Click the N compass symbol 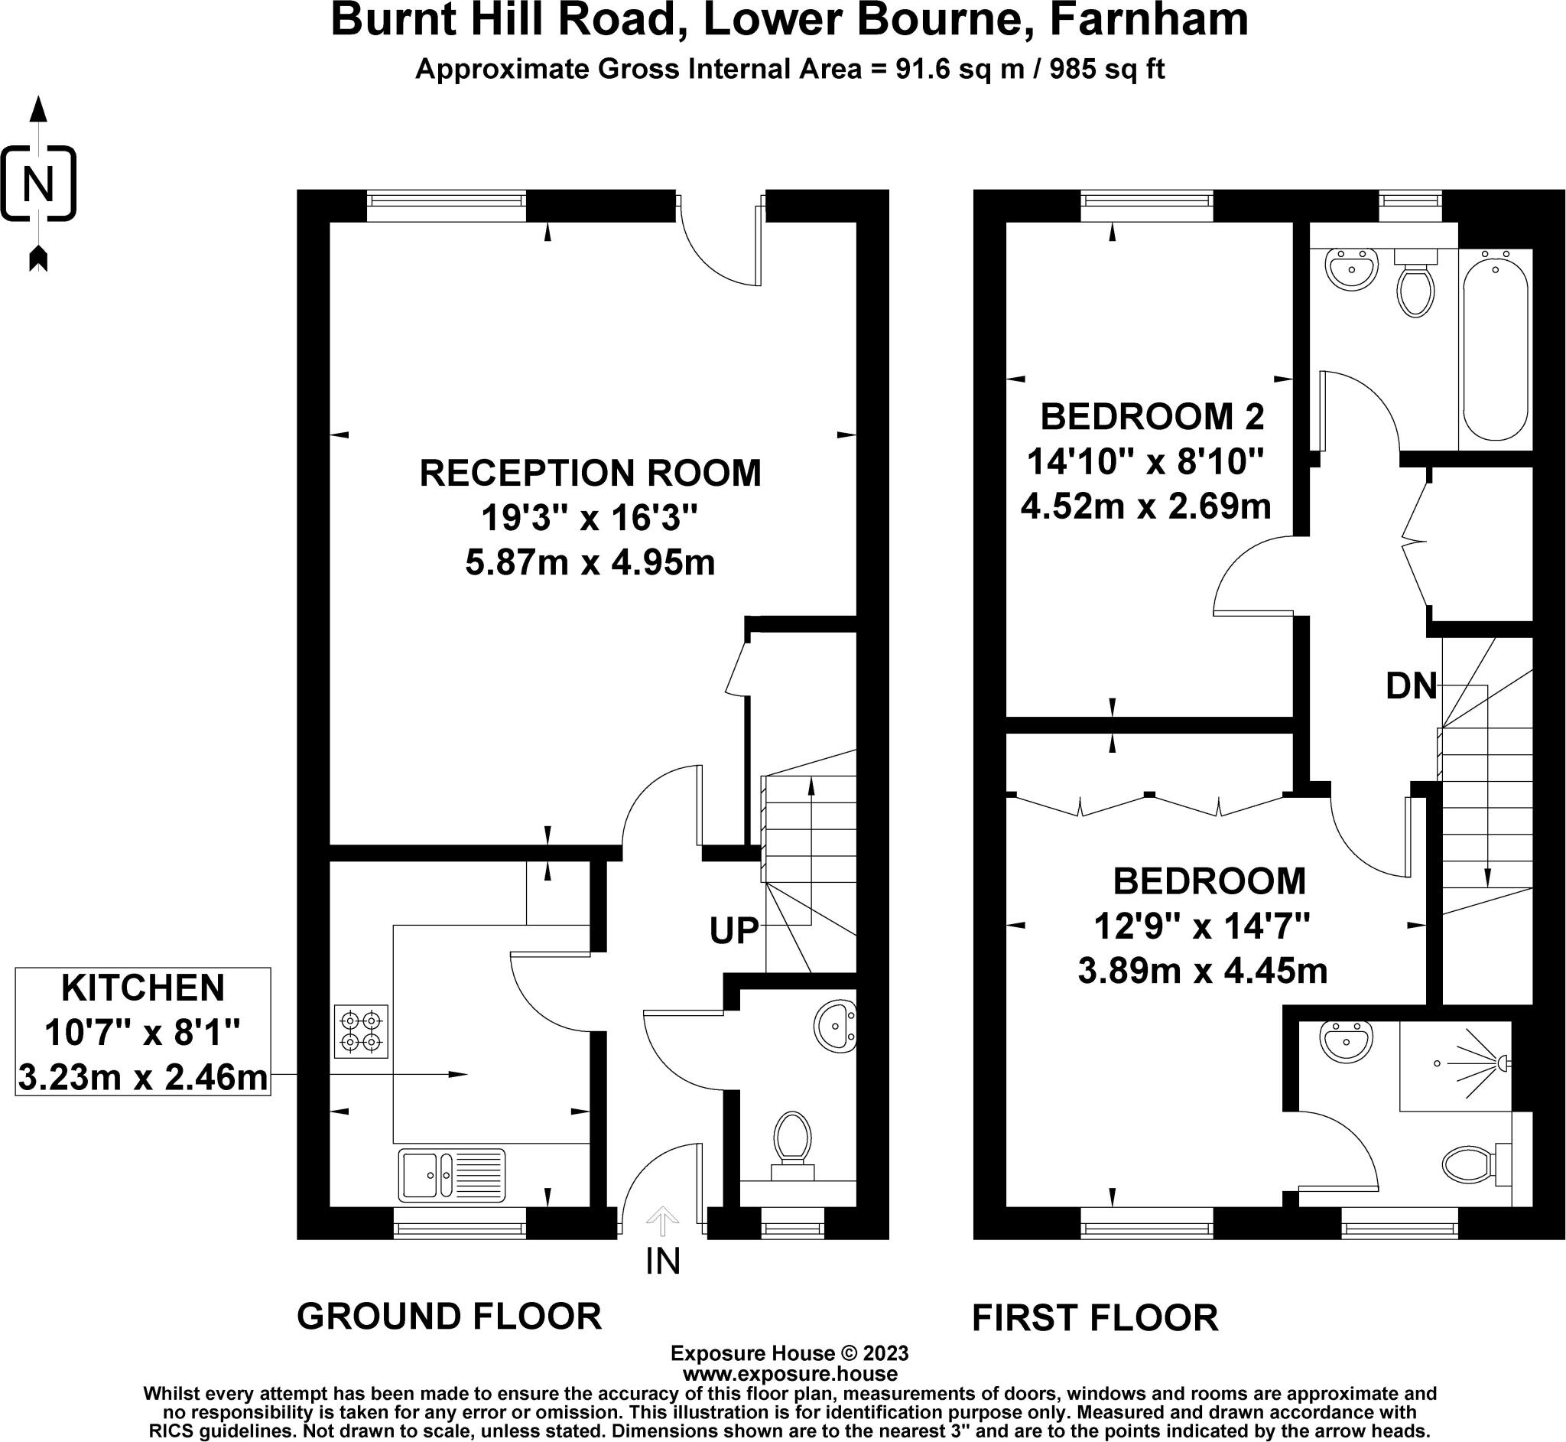[38, 184]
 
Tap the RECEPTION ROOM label [590, 473]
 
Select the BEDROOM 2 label [1152, 417]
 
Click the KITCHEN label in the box [143, 988]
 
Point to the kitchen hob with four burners [361, 1030]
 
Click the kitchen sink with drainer [453, 1175]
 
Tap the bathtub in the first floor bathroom [1495, 345]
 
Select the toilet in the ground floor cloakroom [792, 1146]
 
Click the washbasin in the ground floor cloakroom [835, 1027]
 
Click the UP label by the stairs [734, 930]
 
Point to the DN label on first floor [1412, 686]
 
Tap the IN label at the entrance [663, 1261]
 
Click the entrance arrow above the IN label [663, 1221]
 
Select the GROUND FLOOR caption [449, 1317]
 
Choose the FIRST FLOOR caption [1095, 1318]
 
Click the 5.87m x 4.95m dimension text [590, 562]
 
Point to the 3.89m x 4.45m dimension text [1203, 972]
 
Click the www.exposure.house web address [790, 1373]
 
